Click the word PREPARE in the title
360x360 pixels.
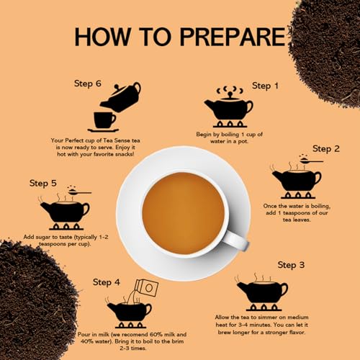tap(233, 37)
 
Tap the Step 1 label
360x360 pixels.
tap(265, 86)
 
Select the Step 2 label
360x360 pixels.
tap(326, 149)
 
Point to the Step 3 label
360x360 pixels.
tap(291, 265)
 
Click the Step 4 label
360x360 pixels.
tap(107, 282)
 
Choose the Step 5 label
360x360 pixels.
tap(43, 183)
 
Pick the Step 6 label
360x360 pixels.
tap(88, 84)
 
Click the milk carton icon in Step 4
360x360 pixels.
tap(147, 287)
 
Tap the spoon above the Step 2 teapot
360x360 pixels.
tap(311, 161)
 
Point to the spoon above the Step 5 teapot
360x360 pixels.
tap(79, 192)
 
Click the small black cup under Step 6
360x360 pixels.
tap(104, 120)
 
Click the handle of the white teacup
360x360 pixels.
tap(236, 240)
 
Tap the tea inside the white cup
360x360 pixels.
tap(184, 213)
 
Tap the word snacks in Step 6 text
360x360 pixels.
tap(125, 154)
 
